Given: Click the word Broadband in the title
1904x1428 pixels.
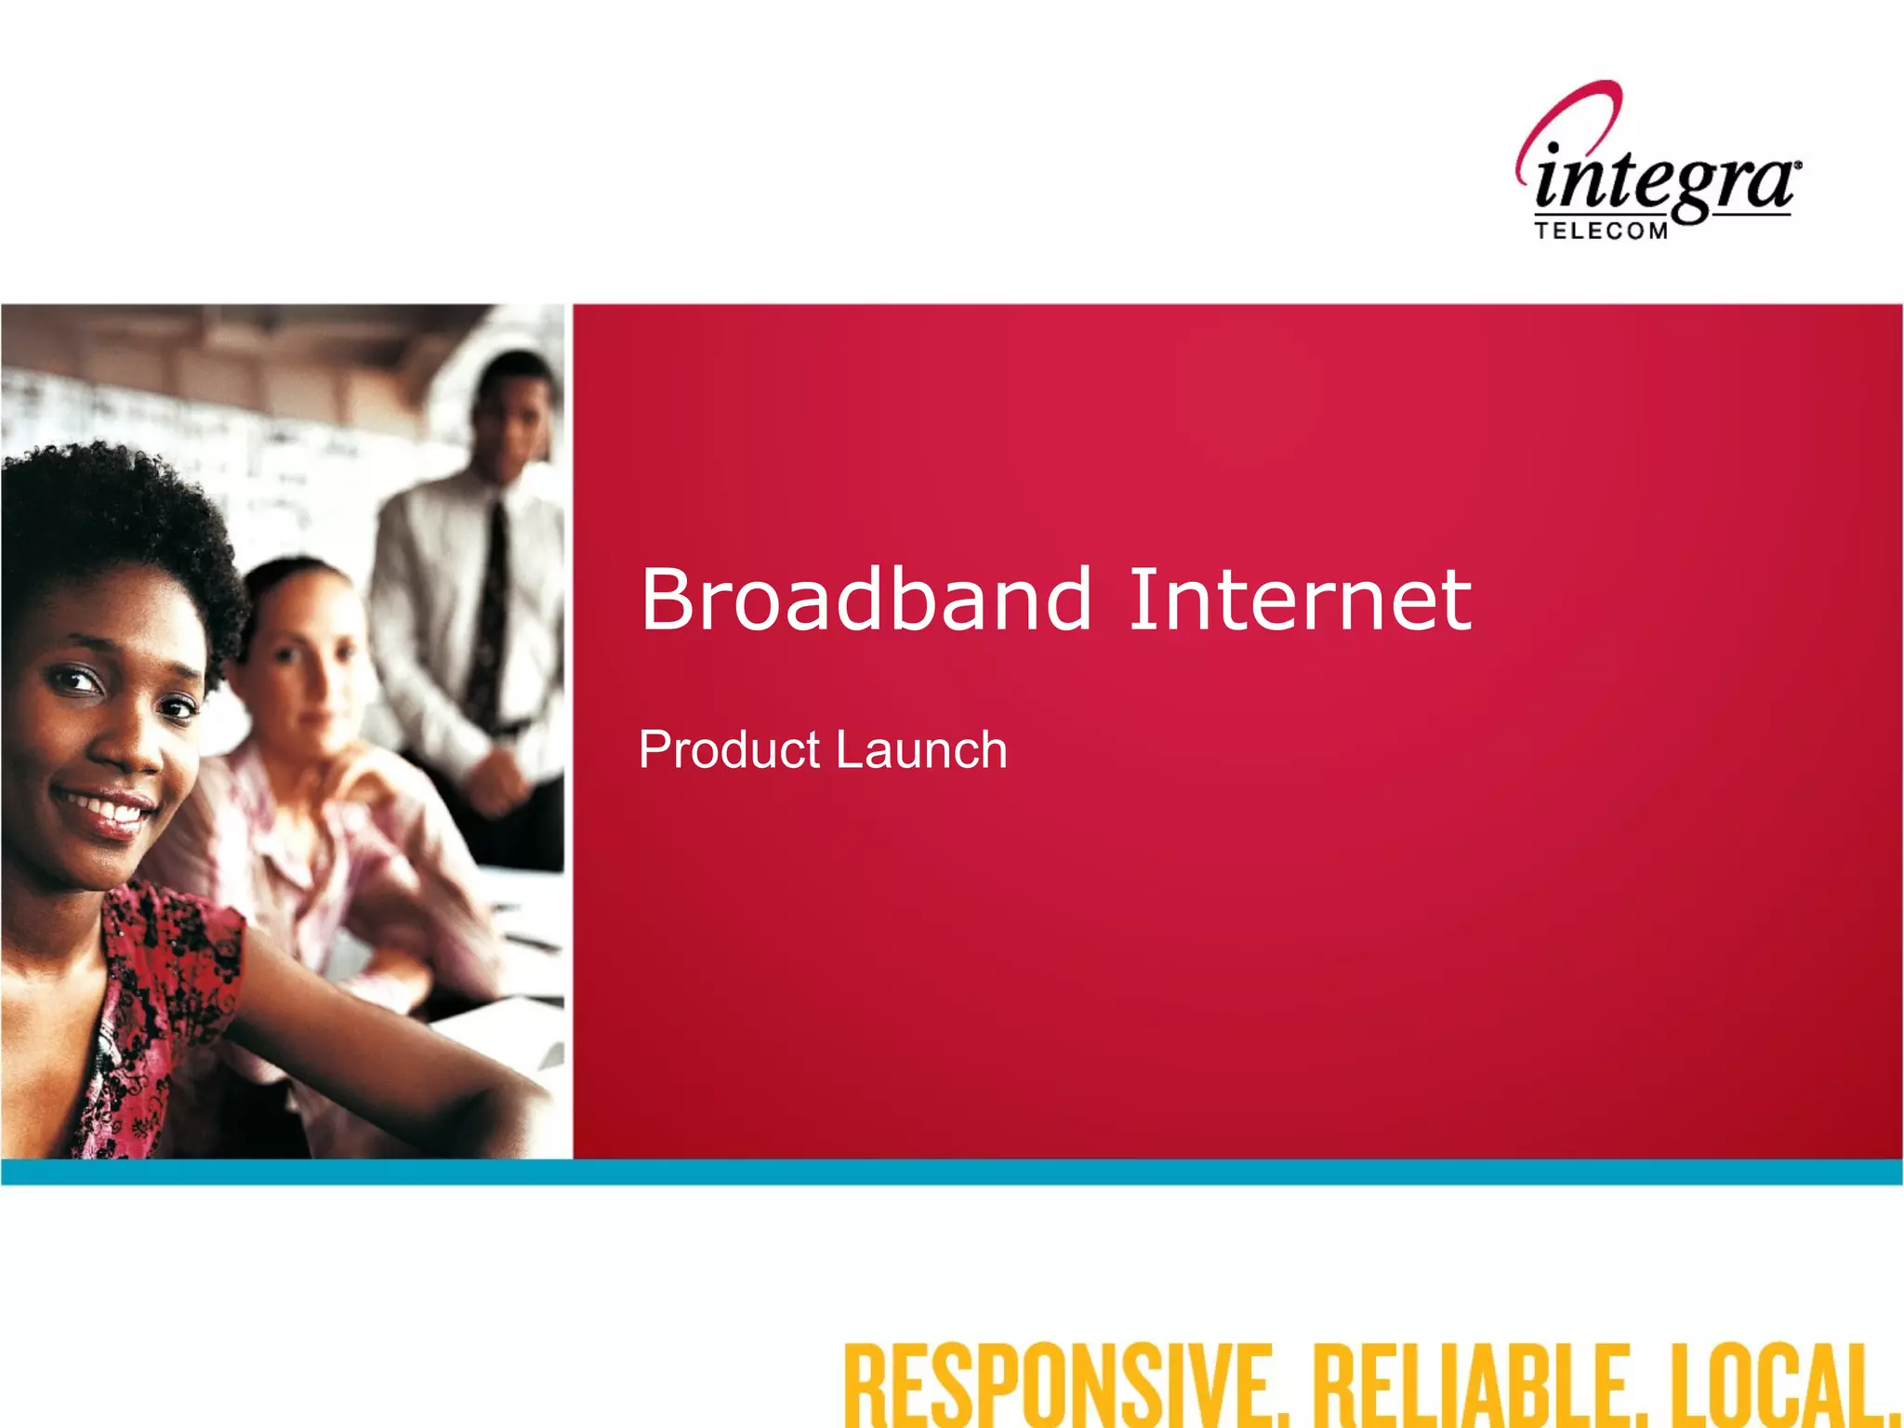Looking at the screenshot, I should click(x=866, y=600).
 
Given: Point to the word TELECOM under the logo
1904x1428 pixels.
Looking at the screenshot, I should click(x=1601, y=231).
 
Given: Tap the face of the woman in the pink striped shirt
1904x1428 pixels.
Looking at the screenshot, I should click(x=302, y=660).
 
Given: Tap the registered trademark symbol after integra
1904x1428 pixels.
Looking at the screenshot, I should click(x=1798, y=165).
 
